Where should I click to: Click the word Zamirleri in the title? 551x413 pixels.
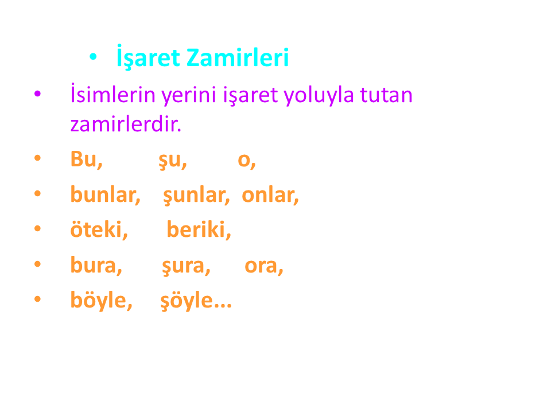pyautogui.click(x=238, y=57)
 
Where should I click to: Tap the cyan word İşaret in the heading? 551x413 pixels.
pyautogui.click(x=148, y=57)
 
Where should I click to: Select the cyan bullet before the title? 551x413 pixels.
pyautogui.click(x=93, y=56)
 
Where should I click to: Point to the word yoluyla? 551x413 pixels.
pyautogui.click(x=319, y=96)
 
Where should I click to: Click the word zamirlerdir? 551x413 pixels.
pyautogui.click(x=126, y=124)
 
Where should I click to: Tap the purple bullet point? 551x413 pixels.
pyautogui.click(x=38, y=93)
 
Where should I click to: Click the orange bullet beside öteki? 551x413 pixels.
pyautogui.click(x=38, y=229)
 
